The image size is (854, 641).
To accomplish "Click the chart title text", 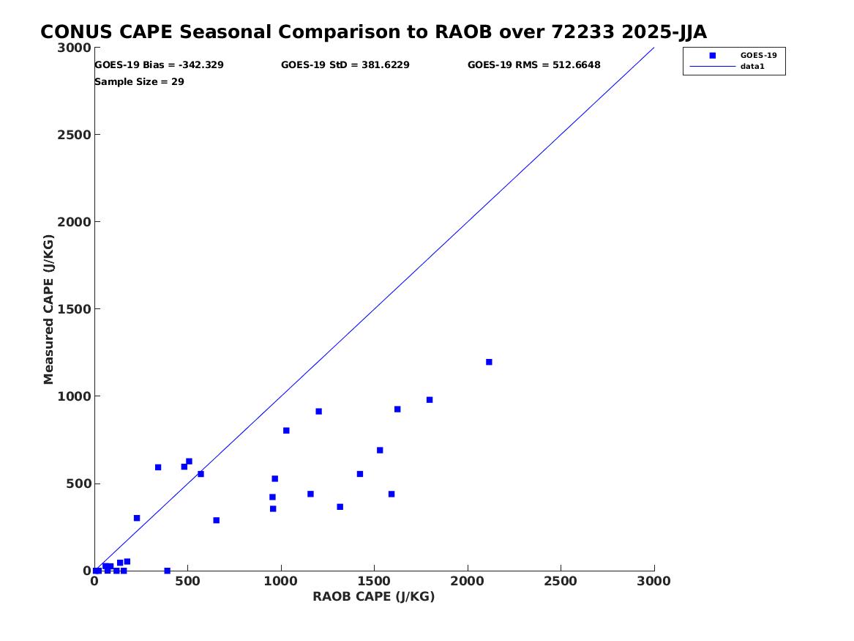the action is click(374, 32).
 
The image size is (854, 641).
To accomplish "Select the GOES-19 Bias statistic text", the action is click(159, 65).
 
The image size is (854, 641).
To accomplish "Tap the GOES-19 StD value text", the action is click(345, 65).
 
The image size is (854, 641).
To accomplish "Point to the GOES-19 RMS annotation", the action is click(533, 65).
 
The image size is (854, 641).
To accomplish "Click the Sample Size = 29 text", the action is click(140, 82).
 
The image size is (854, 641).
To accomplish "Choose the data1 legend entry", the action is click(727, 67).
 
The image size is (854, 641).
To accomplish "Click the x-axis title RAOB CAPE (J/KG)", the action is click(374, 597).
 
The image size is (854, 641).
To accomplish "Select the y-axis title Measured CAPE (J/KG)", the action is click(48, 309).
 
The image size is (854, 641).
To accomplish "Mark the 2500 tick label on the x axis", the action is click(561, 582).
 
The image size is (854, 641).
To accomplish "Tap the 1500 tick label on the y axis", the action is click(74, 309).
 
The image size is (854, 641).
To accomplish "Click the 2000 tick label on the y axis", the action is click(74, 222).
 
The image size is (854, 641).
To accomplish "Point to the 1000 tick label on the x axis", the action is click(281, 582).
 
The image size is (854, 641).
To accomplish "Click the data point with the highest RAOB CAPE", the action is click(489, 362).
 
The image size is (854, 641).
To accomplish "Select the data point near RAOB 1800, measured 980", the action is click(430, 400).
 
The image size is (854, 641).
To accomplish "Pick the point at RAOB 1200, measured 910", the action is click(318, 412).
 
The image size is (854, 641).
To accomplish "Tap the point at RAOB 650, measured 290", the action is click(216, 521).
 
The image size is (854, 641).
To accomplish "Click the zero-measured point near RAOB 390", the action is click(167, 571).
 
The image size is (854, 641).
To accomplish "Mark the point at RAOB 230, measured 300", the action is click(137, 519).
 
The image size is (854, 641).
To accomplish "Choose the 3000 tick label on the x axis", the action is click(653, 582).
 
